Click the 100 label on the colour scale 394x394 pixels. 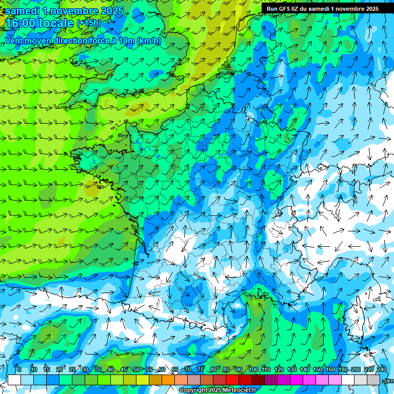tap(253, 370)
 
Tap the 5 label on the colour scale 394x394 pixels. tap(19, 370)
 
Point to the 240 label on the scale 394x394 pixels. tap(381, 370)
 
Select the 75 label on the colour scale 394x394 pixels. tap(201, 370)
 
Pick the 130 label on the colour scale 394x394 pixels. tap(292, 370)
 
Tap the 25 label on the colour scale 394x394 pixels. tap(72, 370)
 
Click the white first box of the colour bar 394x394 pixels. tap(14, 380)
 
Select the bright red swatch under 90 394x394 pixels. tap(232, 380)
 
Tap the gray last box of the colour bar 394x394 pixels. tap(373, 380)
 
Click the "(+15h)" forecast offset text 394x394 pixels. tap(89, 23)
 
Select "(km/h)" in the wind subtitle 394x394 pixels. tap(149, 41)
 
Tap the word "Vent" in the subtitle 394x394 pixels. tap(14, 41)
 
